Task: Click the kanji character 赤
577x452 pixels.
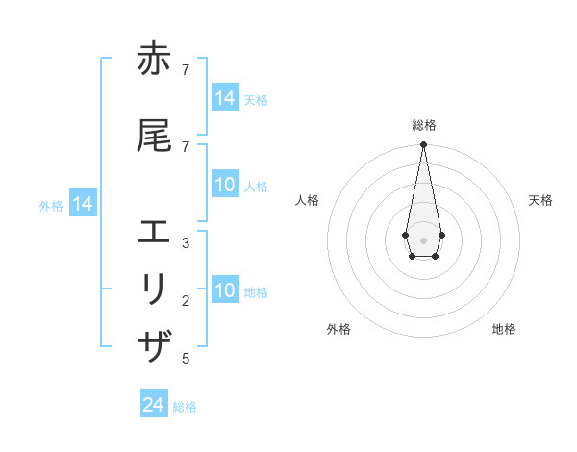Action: pyautogui.click(x=154, y=61)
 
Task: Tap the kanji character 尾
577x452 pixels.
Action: pyautogui.click(x=154, y=137)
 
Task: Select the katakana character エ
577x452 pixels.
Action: pyautogui.click(x=154, y=233)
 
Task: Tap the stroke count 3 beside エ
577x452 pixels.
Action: pyautogui.click(x=185, y=242)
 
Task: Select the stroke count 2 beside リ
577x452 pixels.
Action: pyautogui.click(x=185, y=301)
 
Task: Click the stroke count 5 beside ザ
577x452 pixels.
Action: pyautogui.click(x=185, y=359)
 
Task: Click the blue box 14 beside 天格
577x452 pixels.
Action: pyautogui.click(x=225, y=98)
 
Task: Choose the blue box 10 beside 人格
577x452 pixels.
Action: pyautogui.click(x=225, y=185)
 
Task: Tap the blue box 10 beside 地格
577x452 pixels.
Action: pyautogui.click(x=225, y=290)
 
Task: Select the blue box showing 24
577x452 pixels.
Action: pyautogui.click(x=154, y=405)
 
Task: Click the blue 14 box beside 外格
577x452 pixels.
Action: pyautogui.click(x=82, y=204)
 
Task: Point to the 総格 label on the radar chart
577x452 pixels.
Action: pyautogui.click(x=423, y=125)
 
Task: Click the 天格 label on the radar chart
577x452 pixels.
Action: pyautogui.click(x=540, y=200)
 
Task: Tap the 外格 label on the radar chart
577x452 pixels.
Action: pyautogui.click(x=339, y=329)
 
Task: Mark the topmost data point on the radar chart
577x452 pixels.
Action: pyautogui.click(x=423, y=145)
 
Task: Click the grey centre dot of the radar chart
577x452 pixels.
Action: pyautogui.click(x=423, y=239)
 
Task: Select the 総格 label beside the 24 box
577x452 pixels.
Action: pyautogui.click(x=185, y=407)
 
